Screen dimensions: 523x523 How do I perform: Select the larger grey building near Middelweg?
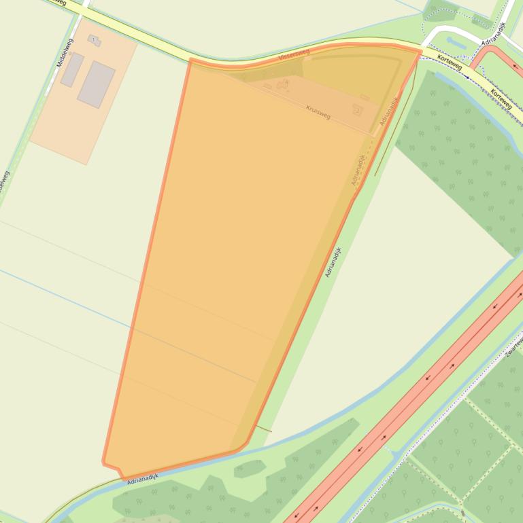(x=96, y=84)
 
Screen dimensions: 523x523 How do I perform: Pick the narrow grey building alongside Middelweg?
(x=71, y=70)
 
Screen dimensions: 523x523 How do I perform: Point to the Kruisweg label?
(x=318, y=112)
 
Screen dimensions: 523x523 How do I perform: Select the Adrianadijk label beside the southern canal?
(x=142, y=478)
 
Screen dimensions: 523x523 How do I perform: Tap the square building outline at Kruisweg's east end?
(x=357, y=109)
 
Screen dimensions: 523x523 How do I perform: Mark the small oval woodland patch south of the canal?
(x=248, y=468)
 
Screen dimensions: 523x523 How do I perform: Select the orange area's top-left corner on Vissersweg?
(x=190, y=61)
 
